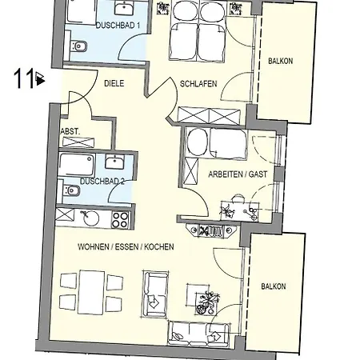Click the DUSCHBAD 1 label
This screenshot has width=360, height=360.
(118, 26)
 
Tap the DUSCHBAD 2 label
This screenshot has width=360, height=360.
(102, 182)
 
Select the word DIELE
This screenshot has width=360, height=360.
(114, 83)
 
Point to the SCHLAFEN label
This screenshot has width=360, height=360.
(198, 84)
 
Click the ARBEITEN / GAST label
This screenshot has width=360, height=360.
(238, 174)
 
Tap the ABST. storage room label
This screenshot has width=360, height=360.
(70, 131)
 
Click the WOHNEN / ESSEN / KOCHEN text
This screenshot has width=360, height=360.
(126, 246)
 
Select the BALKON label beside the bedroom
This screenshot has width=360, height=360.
(281, 61)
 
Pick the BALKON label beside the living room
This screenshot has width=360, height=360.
(274, 286)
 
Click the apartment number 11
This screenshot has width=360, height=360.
(24, 78)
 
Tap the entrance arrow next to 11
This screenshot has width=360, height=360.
(40, 78)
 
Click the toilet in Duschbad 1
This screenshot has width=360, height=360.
(78, 47)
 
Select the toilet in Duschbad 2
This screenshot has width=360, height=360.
(70, 190)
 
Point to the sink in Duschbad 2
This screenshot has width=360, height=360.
(114, 162)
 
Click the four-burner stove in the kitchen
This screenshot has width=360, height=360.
(120, 220)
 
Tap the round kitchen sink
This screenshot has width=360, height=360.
(91, 218)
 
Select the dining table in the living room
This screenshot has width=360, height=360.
(91, 292)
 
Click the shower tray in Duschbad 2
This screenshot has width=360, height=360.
(77, 165)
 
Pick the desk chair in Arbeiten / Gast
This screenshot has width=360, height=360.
(238, 199)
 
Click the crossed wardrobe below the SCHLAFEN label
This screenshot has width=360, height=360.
(209, 116)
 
